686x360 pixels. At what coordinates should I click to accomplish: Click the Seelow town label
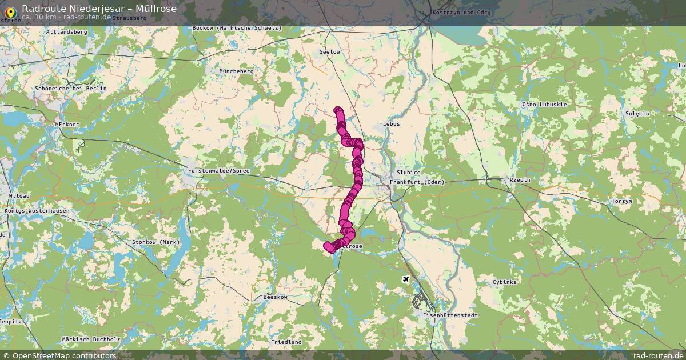coord(330,52)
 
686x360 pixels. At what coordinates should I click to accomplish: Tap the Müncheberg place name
coord(236,71)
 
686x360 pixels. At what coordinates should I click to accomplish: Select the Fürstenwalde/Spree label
coord(219,171)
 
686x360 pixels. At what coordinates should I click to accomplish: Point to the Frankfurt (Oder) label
coord(417,182)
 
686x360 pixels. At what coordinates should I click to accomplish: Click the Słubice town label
coord(409,173)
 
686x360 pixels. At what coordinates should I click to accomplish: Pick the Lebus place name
coord(391,124)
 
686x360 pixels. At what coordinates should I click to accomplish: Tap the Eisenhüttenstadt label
coord(450,315)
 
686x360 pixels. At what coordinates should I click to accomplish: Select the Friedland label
coord(286,342)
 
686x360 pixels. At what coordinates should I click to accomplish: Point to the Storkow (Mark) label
coord(156,242)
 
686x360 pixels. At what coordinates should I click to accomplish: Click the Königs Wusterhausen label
coord(37,211)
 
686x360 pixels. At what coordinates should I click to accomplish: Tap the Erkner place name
coord(69,125)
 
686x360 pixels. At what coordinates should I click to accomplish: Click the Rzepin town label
coord(520,181)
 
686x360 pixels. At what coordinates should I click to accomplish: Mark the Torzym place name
coord(621,201)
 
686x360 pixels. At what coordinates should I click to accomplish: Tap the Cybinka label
coord(505,283)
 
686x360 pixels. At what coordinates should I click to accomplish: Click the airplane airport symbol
coord(406,279)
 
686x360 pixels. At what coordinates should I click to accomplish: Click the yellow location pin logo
coord(10,11)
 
